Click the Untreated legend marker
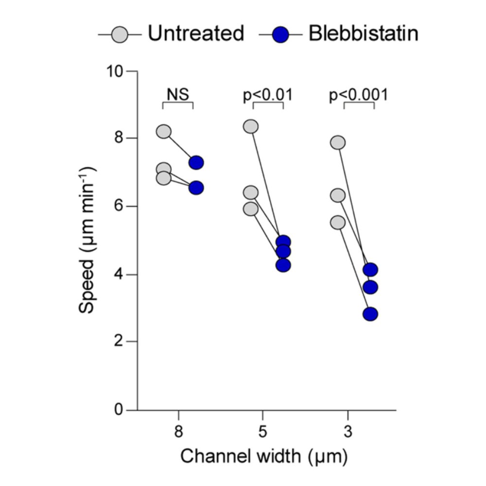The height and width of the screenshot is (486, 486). [x=120, y=35]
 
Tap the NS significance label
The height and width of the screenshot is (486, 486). [x=177, y=94]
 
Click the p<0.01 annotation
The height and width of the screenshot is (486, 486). [x=268, y=94]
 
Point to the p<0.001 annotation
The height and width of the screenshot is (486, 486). [x=359, y=94]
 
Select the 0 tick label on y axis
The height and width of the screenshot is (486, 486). [x=119, y=410]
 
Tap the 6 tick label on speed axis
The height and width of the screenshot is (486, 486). [x=119, y=207]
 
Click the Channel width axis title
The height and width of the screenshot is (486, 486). [x=264, y=456]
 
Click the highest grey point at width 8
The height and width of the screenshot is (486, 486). [x=164, y=131]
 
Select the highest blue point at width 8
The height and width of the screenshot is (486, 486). [x=196, y=162]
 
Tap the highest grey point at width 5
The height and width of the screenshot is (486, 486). [x=251, y=126]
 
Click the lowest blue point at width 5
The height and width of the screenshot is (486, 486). [x=283, y=265]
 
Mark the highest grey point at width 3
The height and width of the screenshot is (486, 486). [x=338, y=142]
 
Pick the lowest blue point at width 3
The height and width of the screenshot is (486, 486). [x=370, y=314]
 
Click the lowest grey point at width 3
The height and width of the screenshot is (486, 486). [x=338, y=223]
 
